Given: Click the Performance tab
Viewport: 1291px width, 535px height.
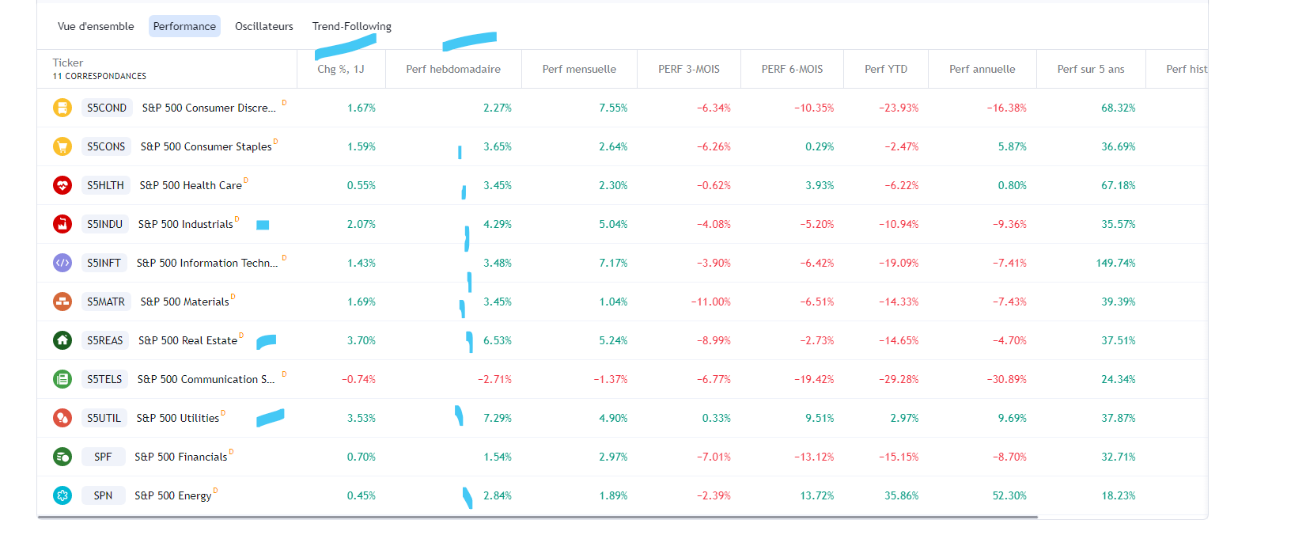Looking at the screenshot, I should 184,26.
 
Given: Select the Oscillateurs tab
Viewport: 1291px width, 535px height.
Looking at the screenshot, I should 263,26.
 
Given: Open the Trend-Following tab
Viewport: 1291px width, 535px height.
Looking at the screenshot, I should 351,26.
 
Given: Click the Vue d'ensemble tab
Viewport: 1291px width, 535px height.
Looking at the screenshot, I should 96,26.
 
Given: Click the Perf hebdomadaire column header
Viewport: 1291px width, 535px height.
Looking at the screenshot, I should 453,69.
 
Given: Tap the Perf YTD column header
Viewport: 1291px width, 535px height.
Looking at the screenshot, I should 886,69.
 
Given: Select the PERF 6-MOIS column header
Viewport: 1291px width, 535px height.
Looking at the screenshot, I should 792,69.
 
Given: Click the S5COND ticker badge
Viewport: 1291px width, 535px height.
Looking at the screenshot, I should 107,108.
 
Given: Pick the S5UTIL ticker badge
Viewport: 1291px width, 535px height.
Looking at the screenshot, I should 104,418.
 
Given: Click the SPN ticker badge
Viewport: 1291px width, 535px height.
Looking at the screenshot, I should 103,495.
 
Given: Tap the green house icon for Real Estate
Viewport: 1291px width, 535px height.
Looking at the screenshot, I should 62,340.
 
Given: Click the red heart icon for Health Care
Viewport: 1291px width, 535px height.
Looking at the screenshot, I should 62,185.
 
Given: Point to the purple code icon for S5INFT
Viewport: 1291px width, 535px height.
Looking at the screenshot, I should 62,263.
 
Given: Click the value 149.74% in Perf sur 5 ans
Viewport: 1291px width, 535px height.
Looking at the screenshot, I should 1115,263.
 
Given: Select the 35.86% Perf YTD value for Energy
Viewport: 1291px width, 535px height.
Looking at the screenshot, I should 902,495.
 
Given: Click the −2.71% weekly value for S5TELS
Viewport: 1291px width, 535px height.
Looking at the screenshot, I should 494,379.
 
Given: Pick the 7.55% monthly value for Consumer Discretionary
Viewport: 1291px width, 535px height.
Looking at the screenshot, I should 613,108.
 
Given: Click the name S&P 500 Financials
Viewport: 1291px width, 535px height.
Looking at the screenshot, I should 180,457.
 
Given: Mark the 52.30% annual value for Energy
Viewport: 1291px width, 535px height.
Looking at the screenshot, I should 1009,495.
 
